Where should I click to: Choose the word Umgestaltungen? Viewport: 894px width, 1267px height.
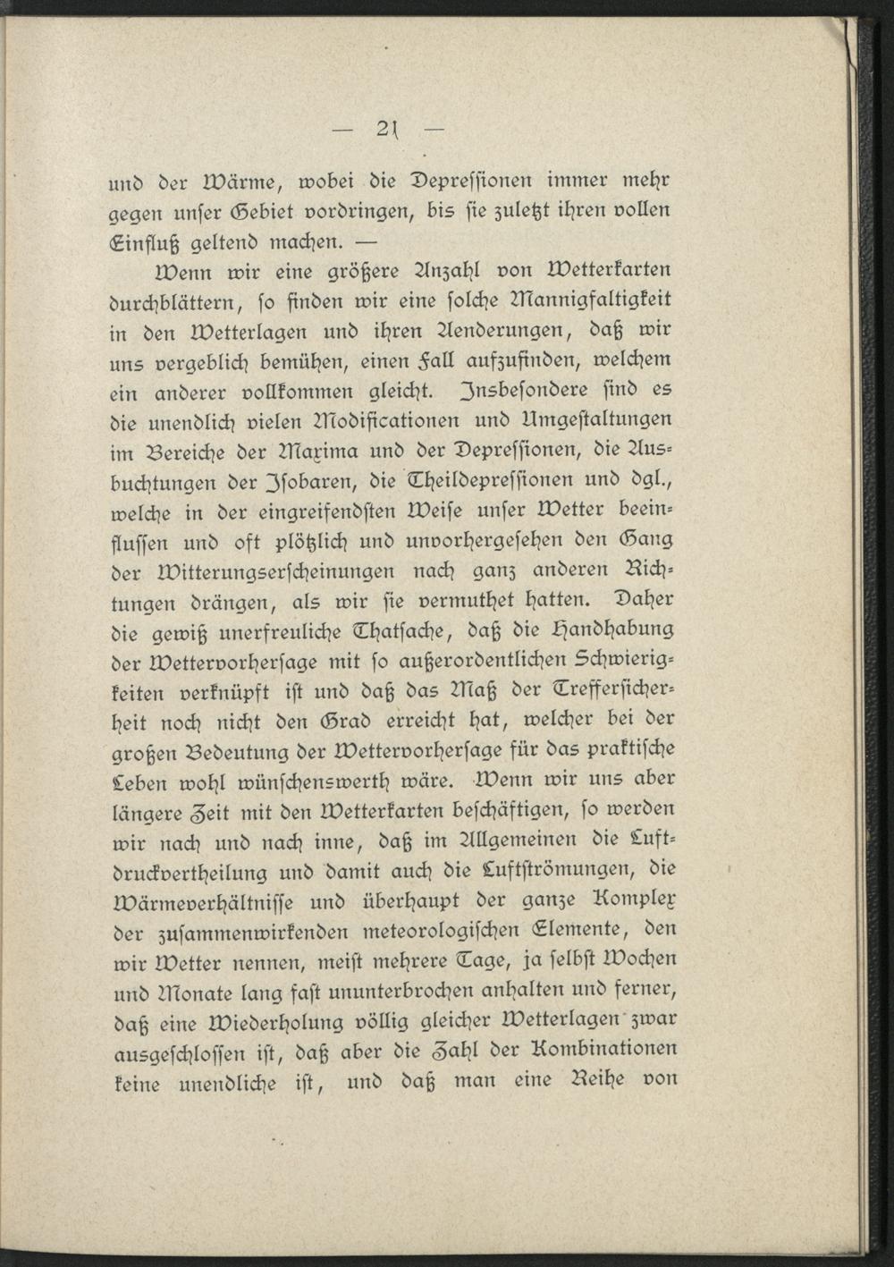(x=594, y=421)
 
